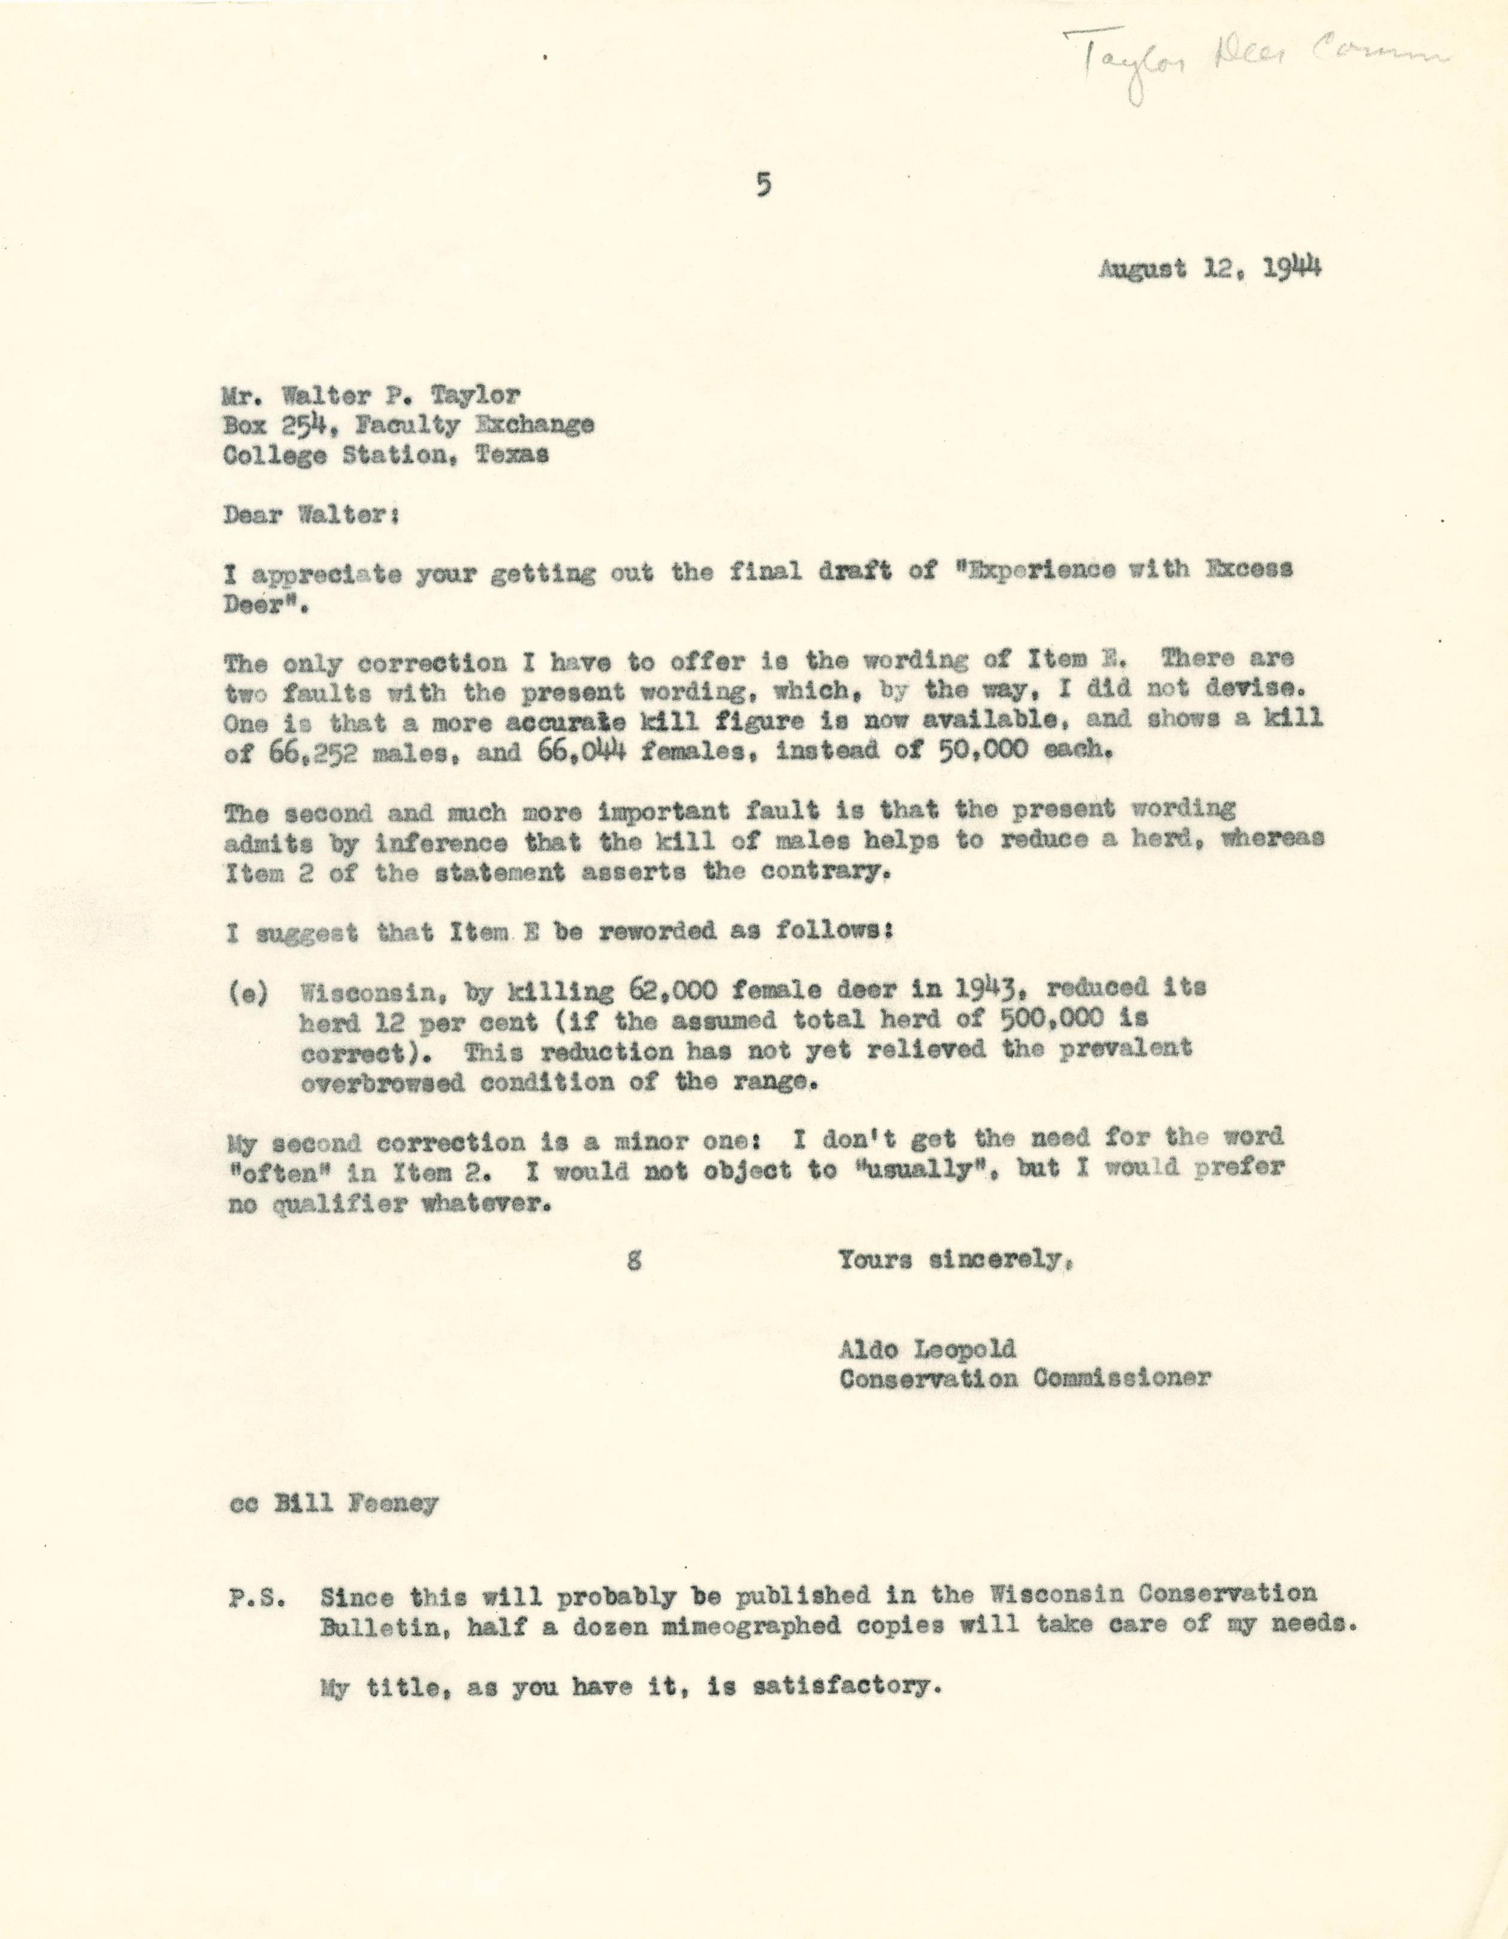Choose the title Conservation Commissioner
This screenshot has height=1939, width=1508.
pyautogui.click(x=1025, y=1379)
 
